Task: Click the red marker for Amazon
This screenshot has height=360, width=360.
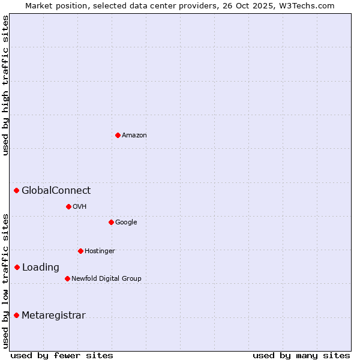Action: (x=118, y=135)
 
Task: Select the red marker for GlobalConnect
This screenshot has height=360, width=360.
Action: (x=17, y=191)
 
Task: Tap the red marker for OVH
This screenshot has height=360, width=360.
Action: (x=68, y=206)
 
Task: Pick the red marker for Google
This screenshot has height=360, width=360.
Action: (x=111, y=222)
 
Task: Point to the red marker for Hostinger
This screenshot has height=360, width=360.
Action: (x=80, y=251)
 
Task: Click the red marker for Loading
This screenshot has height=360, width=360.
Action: (x=17, y=267)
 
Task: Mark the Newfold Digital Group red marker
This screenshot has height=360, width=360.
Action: (x=67, y=278)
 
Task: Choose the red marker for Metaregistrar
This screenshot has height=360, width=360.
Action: (x=17, y=315)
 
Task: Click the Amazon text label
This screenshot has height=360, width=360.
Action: (x=134, y=136)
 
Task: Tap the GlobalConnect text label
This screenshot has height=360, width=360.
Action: (x=56, y=191)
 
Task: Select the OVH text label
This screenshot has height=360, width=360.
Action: (x=80, y=207)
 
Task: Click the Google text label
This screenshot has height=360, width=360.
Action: (x=126, y=223)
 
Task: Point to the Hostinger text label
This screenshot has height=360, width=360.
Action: (x=100, y=251)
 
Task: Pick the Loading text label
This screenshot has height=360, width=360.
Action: (x=41, y=268)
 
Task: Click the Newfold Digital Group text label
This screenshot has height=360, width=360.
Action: (x=106, y=278)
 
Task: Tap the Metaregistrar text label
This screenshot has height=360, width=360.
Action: (x=53, y=316)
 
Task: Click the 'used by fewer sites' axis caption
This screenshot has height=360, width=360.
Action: (x=62, y=355)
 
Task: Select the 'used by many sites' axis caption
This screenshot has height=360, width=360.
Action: (x=301, y=355)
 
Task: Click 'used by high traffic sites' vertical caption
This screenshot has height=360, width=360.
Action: (x=5, y=85)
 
